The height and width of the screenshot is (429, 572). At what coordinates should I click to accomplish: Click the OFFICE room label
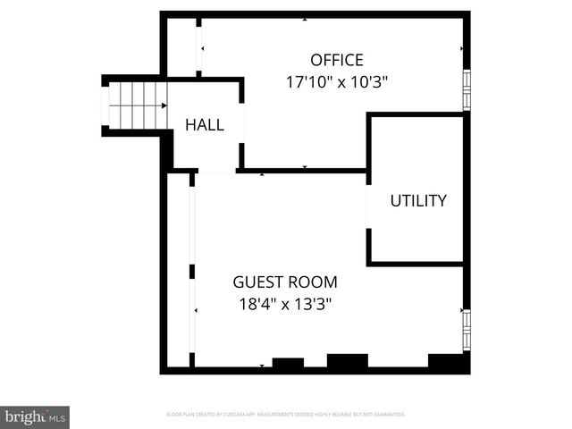[337, 61]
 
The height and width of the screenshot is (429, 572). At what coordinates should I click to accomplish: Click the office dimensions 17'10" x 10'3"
[337, 82]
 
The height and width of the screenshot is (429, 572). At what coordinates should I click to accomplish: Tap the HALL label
[205, 125]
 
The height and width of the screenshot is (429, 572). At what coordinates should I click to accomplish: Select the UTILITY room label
[417, 201]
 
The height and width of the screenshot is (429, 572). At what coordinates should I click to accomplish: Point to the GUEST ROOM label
[285, 282]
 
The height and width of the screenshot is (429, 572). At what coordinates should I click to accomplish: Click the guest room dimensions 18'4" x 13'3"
[285, 304]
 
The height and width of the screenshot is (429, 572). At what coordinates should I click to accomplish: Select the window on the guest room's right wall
[466, 330]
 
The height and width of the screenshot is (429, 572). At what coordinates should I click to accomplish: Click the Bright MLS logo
[35, 416]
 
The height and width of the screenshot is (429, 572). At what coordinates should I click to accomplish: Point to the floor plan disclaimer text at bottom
[286, 415]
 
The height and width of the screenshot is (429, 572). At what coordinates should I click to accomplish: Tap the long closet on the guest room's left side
[179, 268]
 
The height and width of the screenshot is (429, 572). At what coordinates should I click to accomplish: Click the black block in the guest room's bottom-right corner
[448, 362]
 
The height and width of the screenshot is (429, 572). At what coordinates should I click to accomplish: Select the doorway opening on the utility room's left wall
[368, 206]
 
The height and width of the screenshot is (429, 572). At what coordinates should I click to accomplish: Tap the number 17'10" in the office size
[304, 82]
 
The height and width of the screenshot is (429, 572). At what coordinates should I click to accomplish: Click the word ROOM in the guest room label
[313, 282]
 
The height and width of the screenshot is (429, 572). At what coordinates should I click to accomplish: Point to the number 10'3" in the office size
[370, 82]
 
